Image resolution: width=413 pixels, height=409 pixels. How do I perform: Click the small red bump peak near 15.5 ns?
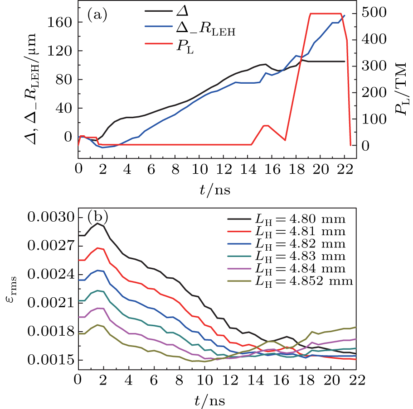click(x=266, y=125)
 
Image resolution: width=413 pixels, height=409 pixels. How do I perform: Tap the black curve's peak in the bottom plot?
click(x=97, y=223)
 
